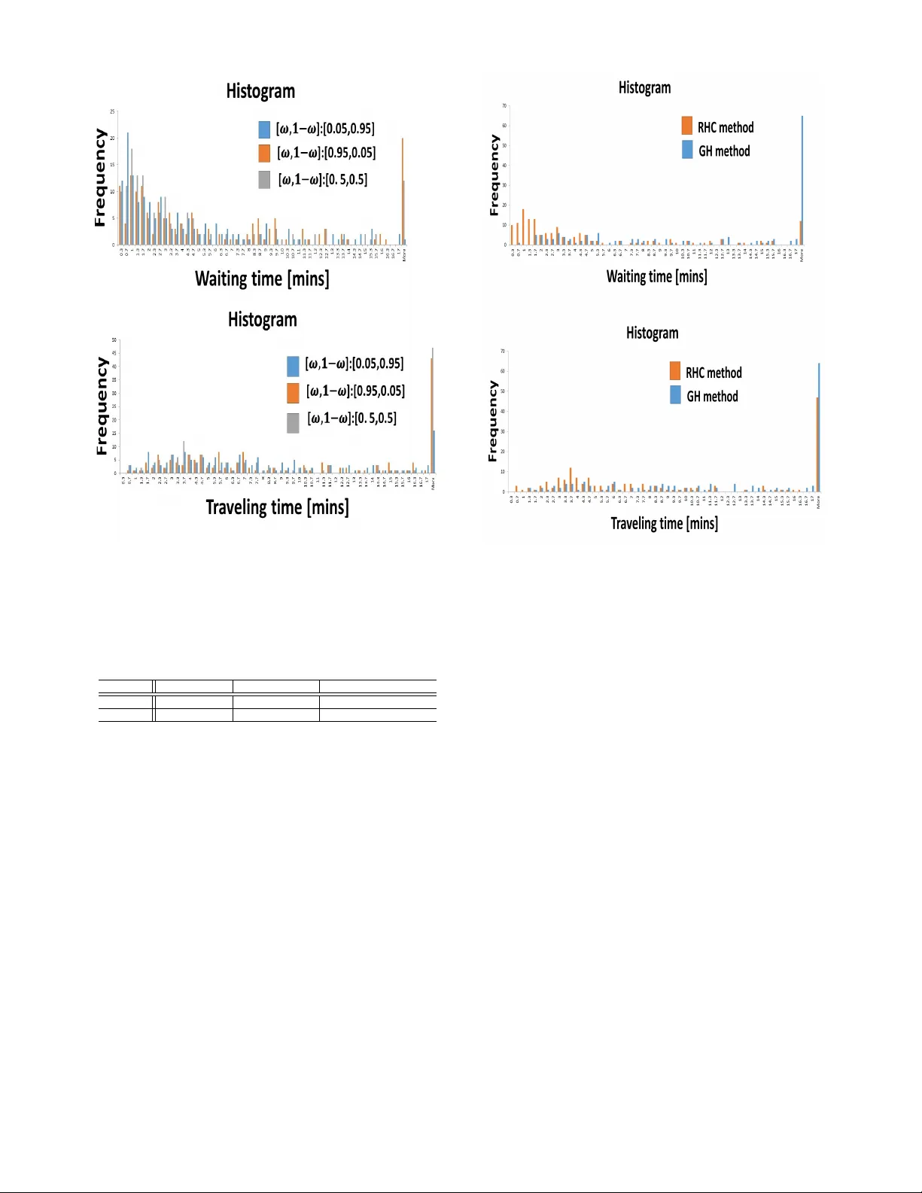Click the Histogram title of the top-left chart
(x=260, y=92)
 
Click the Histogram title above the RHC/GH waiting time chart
(x=644, y=88)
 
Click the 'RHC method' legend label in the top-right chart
(x=725, y=128)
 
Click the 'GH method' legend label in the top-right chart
(x=723, y=151)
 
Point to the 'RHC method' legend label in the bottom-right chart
(x=713, y=373)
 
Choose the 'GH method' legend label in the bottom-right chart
(x=711, y=397)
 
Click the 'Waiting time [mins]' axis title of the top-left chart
(x=262, y=279)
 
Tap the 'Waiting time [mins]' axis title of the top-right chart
(x=656, y=277)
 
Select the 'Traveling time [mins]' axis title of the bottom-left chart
(x=277, y=507)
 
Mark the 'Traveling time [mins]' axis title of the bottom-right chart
(x=664, y=524)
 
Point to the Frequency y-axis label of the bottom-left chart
(x=102, y=406)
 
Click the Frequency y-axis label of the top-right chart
(x=494, y=175)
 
